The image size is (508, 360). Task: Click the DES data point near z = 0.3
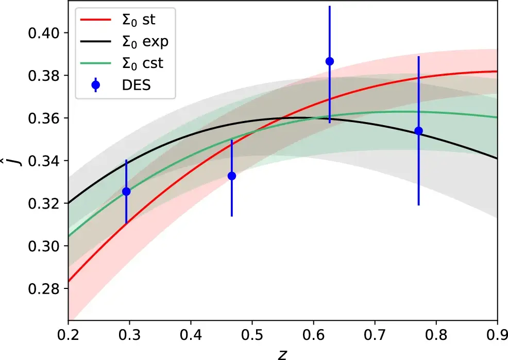coord(126,192)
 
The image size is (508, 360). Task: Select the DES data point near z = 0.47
coord(232,176)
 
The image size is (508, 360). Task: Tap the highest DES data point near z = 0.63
coord(330,61)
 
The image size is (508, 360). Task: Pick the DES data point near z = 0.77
coord(418,131)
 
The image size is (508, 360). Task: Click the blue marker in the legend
coord(96,85)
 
